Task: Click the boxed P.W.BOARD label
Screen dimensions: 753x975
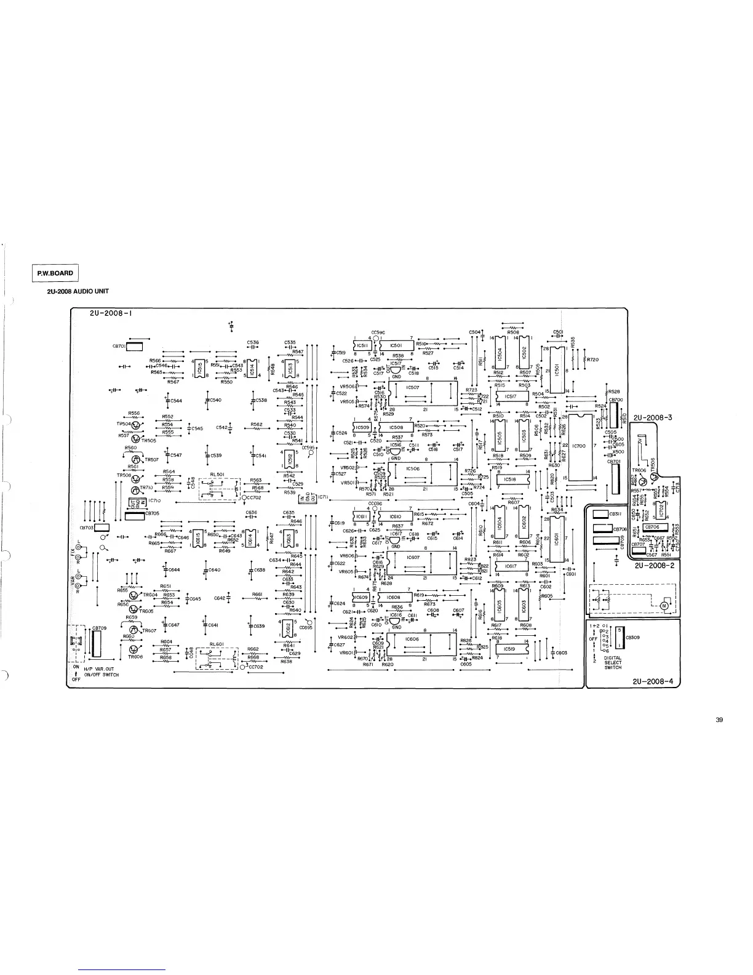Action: (x=55, y=273)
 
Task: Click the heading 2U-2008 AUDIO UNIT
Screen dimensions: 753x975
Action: (x=78, y=292)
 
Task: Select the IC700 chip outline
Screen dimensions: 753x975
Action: (x=579, y=446)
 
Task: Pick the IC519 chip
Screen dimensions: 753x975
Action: (x=509, y=649)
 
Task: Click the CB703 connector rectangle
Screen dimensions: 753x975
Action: (x=102, y=528)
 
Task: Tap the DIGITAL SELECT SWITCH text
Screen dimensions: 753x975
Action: (x=613, y=663)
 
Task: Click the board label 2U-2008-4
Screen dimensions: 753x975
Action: (x=653, y=681)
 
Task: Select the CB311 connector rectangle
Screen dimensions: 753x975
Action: (x=599, y=514)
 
